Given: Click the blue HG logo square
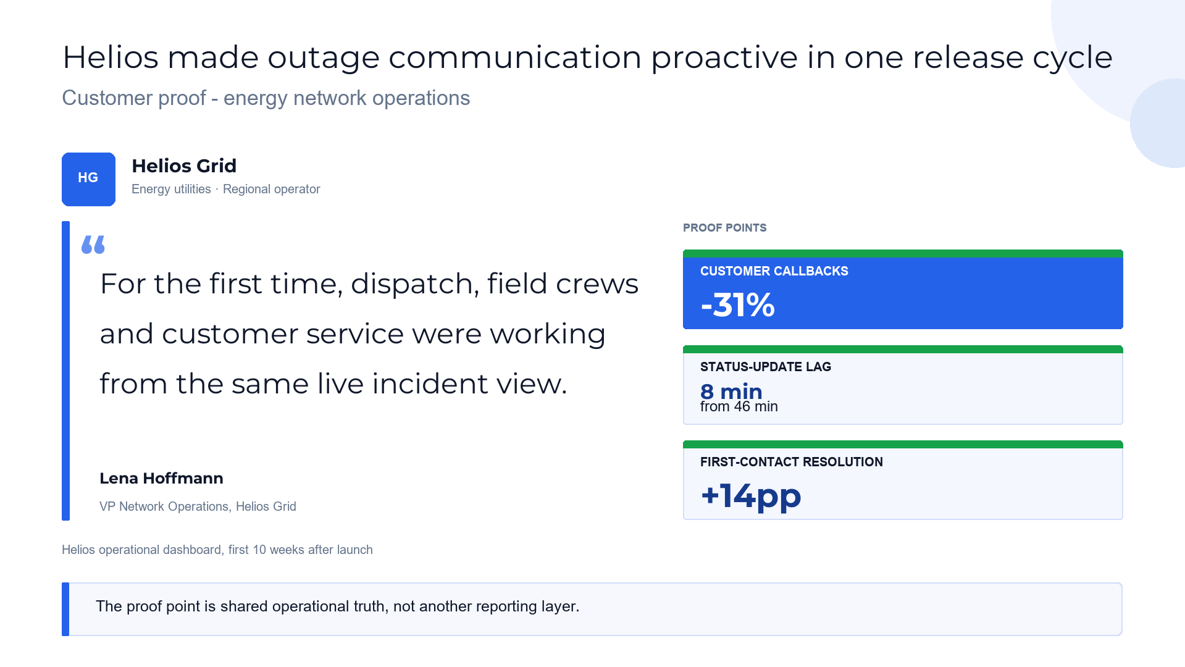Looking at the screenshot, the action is tap(88, 179).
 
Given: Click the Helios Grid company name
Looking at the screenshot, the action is tap(184, 166).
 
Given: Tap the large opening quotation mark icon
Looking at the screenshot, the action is tap(93, 245).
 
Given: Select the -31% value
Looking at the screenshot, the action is tap(737, 305).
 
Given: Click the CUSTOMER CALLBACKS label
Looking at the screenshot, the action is tap(774, 271).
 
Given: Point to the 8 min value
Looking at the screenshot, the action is tap(731, 391).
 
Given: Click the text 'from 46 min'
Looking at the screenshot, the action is tap(739, 406).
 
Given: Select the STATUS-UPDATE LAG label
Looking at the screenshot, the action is tap(765, 367).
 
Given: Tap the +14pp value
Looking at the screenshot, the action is tap(751, 496).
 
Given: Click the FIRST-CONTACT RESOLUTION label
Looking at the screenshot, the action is tap(791, 462).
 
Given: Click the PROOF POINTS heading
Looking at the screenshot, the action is tap(724, 228).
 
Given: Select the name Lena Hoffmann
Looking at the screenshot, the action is tap(161, 478).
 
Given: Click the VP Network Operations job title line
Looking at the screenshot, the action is tap(198, 506).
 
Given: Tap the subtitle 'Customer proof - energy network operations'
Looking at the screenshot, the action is tap(266, 98).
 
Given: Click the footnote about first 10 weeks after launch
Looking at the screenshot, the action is tap(217, 550).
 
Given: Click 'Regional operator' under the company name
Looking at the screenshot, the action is tap(271, 189).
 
